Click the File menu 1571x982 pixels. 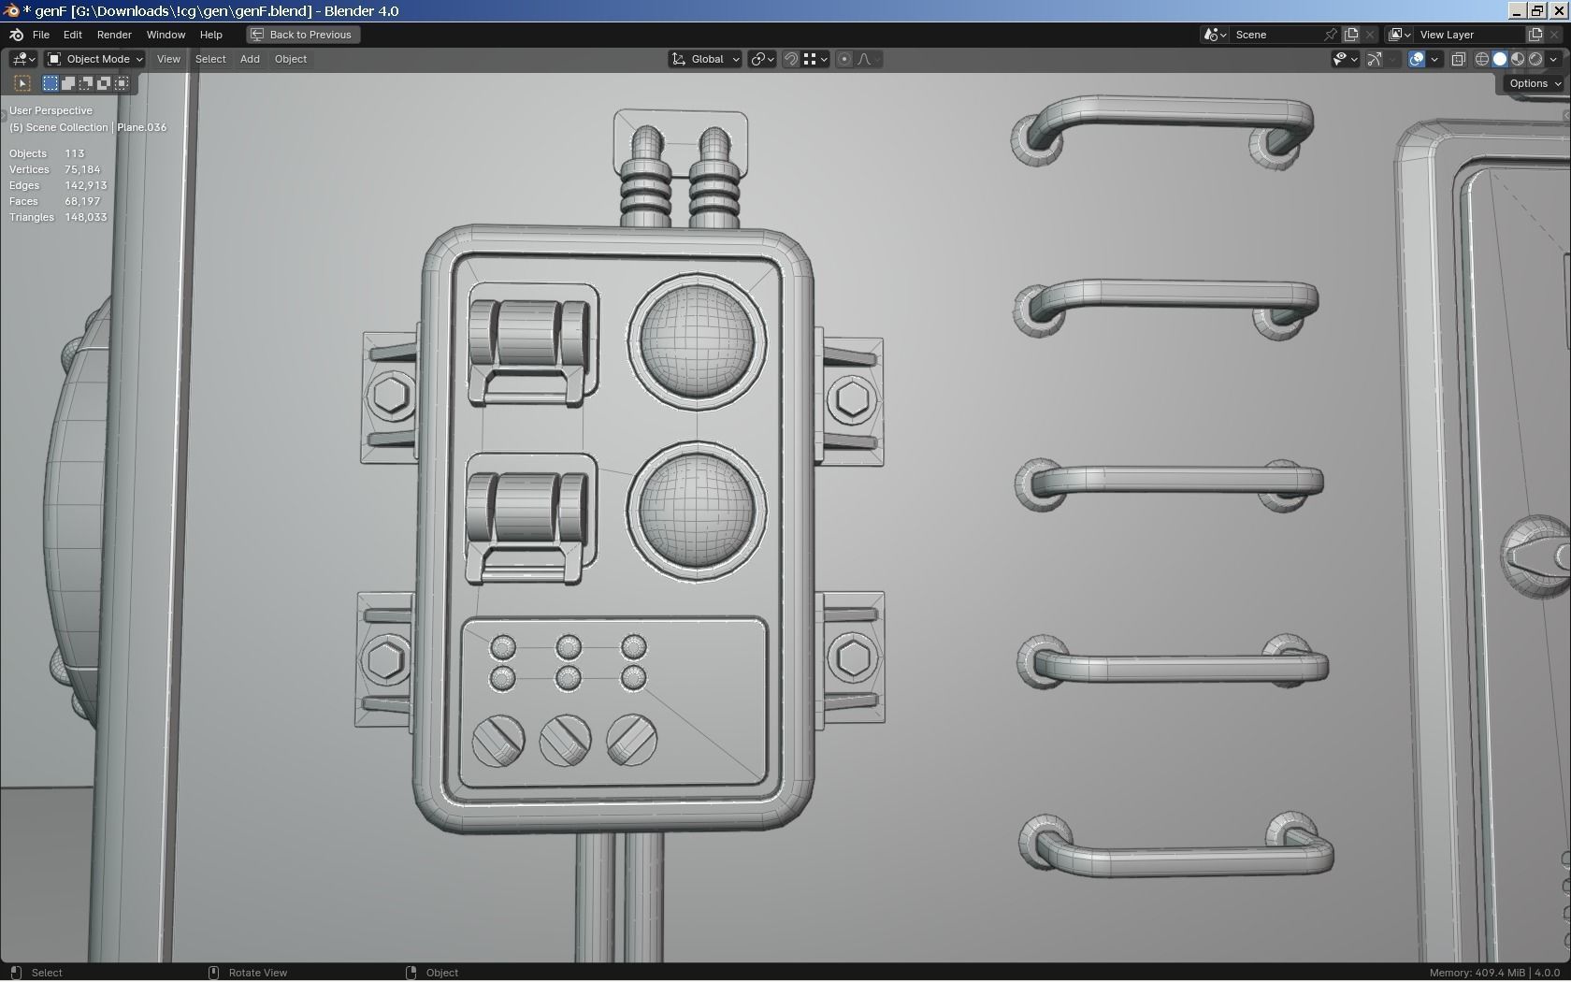pyautogui.click(x=40, y=35)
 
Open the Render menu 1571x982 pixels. pyautogui.click(x=114, y=35)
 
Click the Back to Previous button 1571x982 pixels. pyautogui.click(x=302, y=35)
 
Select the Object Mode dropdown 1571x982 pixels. pyautogui.click(x=95, y=59)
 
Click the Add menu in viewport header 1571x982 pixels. pyautogui.click(x=250, y=59)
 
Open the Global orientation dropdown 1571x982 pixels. pyautogui.click(x=706, y=59)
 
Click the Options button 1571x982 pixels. pyautogui.click(x=1534, y=83)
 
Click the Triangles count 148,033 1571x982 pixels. pyautogui.click(x=85, y=217)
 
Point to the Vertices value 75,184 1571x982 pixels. pyautogui.click(x=82, y=169)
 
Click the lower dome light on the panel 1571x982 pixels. pyautogui.click(x=697, y=510)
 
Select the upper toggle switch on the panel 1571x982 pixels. pyautogui.click(x=530, y=341)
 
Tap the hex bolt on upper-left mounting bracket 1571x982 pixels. pyautogui.click(x=391, y=396)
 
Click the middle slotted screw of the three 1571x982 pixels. pyautogui.click(x=565, y=741)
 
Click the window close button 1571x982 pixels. pyautogui.click(x=1559, y=11)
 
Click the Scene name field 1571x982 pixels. pyautogui.click(x=1276, y=35)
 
